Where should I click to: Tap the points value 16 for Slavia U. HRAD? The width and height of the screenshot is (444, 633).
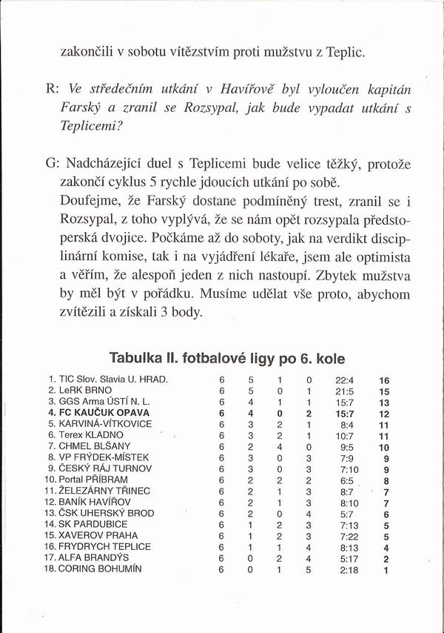click(x=383, y=380)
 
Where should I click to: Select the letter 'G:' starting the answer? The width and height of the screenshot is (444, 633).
click(x=53, y=162)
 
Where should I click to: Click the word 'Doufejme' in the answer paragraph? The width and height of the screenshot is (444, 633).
click(x=89, y=200)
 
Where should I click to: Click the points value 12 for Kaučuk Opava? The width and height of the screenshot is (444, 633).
click(x=383, y=413)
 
